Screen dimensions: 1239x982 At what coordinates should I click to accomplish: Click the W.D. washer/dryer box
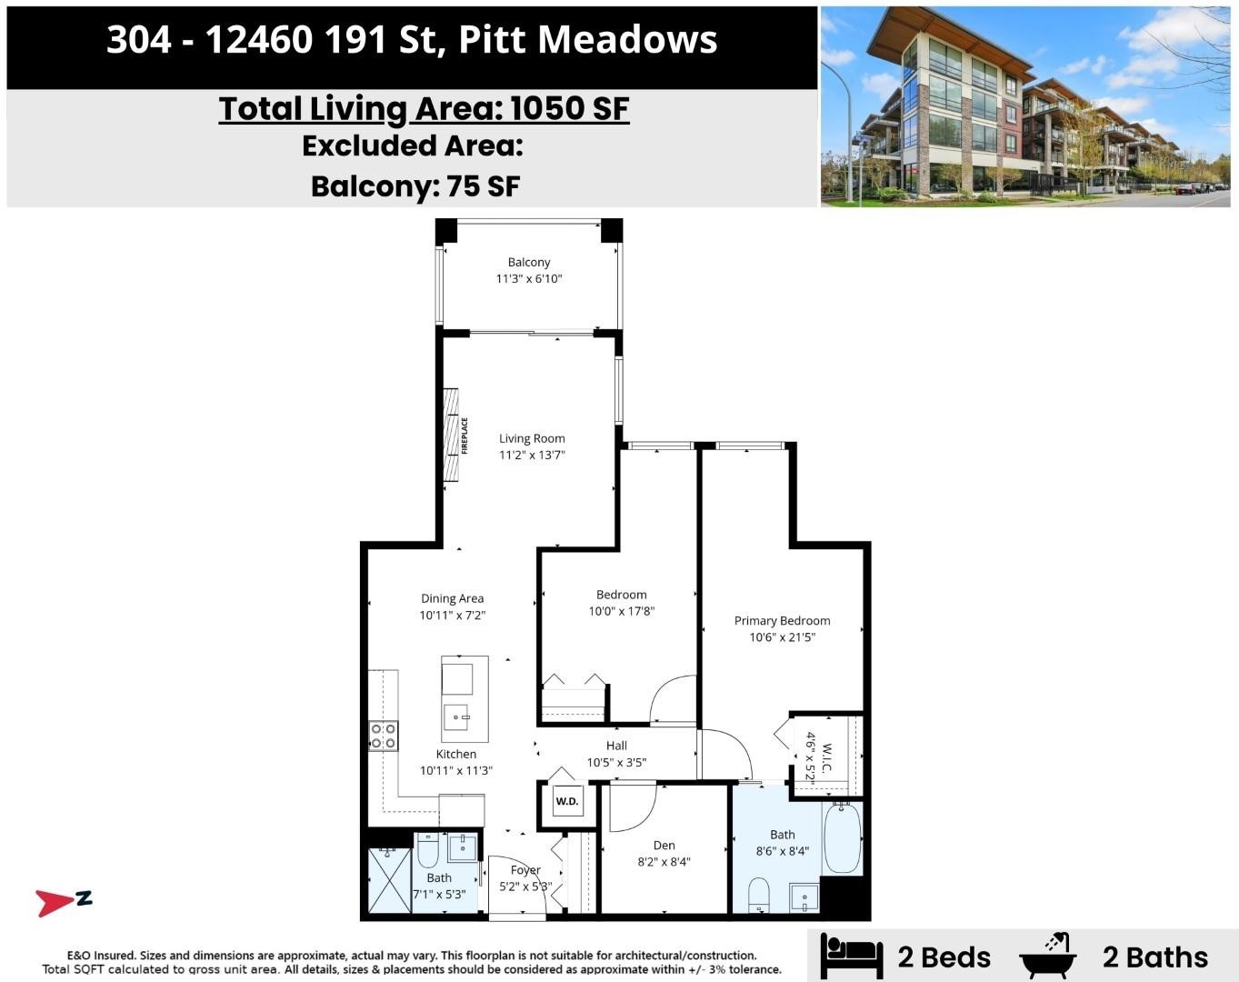(567, 800)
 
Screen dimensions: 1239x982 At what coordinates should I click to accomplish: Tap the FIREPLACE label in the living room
(465, 436)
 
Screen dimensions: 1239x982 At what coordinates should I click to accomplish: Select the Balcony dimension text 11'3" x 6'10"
(528, 279)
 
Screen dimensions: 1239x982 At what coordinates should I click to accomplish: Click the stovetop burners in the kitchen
(383, 736)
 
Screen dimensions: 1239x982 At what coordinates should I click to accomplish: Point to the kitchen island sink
(460, 717)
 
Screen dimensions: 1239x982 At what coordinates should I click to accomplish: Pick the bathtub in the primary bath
(843, 839)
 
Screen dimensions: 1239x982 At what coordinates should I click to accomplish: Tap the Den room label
(664, 846)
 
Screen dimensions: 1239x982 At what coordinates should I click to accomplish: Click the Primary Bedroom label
(782, 621)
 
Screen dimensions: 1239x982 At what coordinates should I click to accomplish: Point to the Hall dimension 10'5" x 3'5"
(616, 763)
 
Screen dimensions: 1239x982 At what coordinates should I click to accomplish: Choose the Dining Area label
(452, 598)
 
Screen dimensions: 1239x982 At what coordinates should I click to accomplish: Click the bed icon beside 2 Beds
(851, 956)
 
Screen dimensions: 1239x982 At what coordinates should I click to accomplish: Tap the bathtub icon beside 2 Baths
(1047, 956)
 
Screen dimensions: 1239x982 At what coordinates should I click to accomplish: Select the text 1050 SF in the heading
(569, 108)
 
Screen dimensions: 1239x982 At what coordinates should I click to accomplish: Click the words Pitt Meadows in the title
(588, 40)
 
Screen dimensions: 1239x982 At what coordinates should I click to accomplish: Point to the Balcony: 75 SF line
(415, 186)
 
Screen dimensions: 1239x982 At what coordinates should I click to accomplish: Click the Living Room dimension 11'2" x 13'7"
(532, 455)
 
